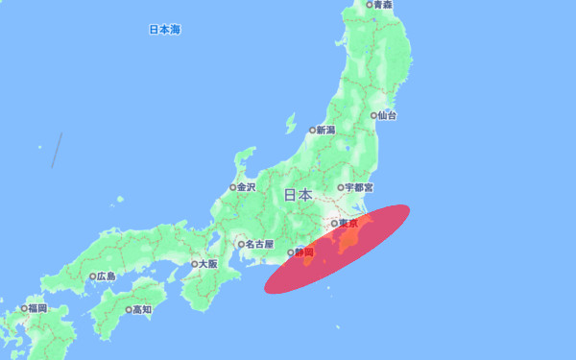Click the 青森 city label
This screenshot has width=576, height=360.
click(x=384, y=5)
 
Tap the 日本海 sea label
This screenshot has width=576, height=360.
click(x=164, y=30)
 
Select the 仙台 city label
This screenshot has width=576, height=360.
click(x=387, y=115)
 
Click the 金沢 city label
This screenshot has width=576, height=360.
click(x=246, y=187)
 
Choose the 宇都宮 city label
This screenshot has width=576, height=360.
click(x=359, y=187)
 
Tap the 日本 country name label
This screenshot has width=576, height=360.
click(x=298, y=195)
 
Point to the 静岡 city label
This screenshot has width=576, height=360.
click(x=304, y=252)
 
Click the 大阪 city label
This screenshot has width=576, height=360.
click(x=207, y=263)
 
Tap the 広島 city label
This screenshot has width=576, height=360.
click(x=106, y=276)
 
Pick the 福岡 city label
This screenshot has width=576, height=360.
click(x=37, y=309)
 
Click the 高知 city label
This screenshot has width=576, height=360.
click(x=142, y=310)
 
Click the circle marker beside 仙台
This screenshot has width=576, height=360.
click(x=372, y=115)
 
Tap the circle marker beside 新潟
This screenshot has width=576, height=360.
click(x=312, y=130)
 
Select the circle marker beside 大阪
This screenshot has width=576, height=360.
click(x=194, y=263)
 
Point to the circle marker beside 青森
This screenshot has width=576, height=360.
click(x=370, y=5)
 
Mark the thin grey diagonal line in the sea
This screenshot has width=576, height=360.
click(x=57, y=151)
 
